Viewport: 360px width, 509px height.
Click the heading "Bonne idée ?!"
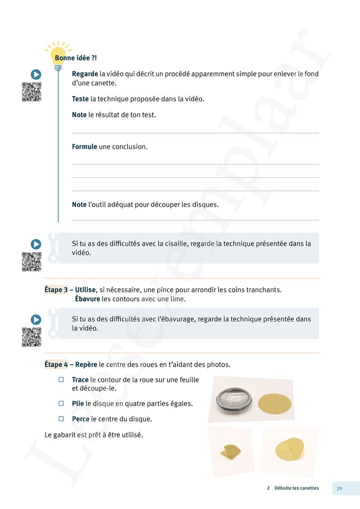point(76,58)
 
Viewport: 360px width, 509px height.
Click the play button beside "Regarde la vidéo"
point(36,75)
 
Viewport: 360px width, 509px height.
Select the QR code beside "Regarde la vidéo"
point(32,92)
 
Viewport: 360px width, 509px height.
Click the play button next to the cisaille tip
point(36,244)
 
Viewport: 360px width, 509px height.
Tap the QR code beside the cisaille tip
point(32,262)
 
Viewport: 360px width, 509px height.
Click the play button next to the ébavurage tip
point(36,320)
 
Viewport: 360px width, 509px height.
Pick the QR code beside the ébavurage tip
point(32,337)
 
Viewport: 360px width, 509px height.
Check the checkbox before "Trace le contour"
point(61,380)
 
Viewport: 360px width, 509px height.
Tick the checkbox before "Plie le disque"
point(61,404)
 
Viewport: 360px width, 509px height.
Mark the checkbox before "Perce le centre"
point(61,419)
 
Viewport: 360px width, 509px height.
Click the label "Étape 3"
point(56,290)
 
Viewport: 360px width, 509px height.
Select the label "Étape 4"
point(56,365)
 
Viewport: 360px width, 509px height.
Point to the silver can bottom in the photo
point(234,400)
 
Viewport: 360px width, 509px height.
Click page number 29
point(339,488)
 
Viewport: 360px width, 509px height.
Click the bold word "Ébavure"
point(87,299)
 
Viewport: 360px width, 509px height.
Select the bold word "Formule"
point(85,147)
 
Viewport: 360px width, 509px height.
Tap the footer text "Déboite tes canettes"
point(296,488)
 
